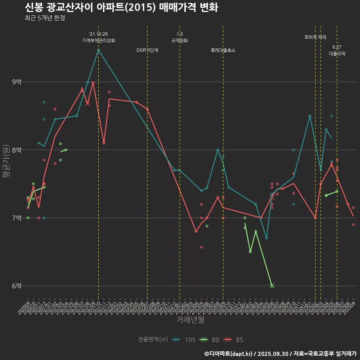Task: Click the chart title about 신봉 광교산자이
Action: [121, 7]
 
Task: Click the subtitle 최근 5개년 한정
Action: [45, 18]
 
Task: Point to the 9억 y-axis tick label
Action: [17, 82]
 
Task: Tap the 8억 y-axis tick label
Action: [17, 150]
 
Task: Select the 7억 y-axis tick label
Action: [17, 218]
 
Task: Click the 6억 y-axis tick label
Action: [17, 286]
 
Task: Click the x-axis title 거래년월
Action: [190, 320]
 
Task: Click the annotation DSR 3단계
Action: [147, 50]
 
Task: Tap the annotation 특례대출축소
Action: [223, 50]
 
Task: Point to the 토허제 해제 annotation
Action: [315, 37]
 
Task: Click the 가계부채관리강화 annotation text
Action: [99, 40]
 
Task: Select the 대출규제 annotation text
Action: [337, 54]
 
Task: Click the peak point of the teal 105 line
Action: [98, 49]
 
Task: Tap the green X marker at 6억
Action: [272, 286]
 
